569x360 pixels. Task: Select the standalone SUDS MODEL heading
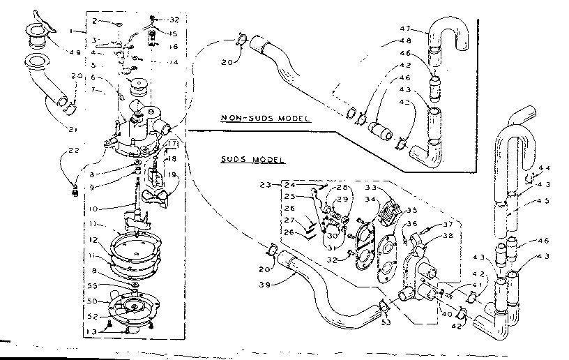click(x=241, y=160)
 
